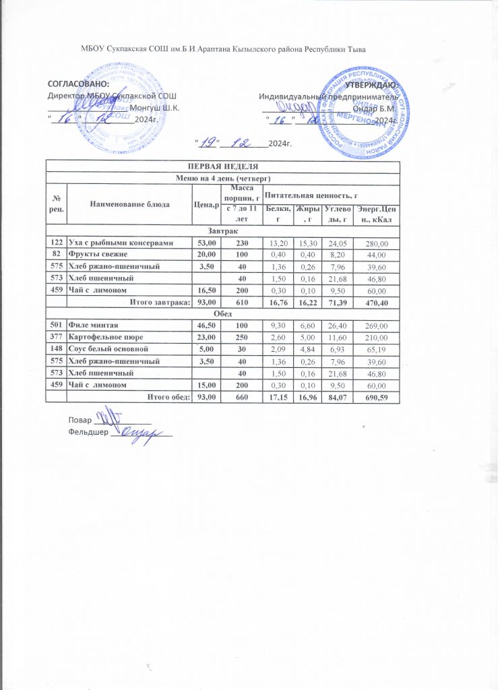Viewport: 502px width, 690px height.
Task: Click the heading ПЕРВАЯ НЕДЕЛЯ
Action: [222, 166]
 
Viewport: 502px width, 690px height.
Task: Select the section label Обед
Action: [222, 315]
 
